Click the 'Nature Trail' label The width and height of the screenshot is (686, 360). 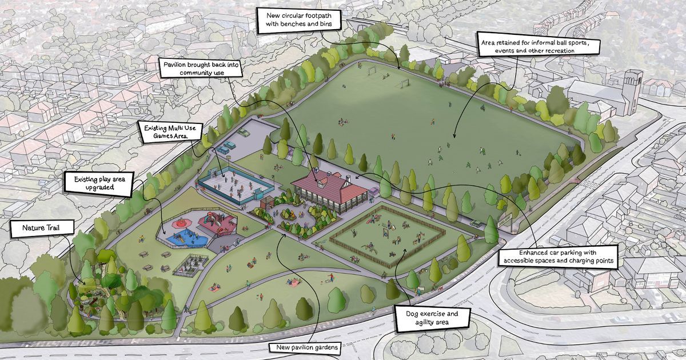coord(41,228)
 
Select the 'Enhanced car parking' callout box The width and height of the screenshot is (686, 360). coord(559,257)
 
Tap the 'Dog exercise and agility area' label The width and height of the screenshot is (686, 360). coord(432,318)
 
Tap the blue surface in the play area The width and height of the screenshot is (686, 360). coord(183,236)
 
